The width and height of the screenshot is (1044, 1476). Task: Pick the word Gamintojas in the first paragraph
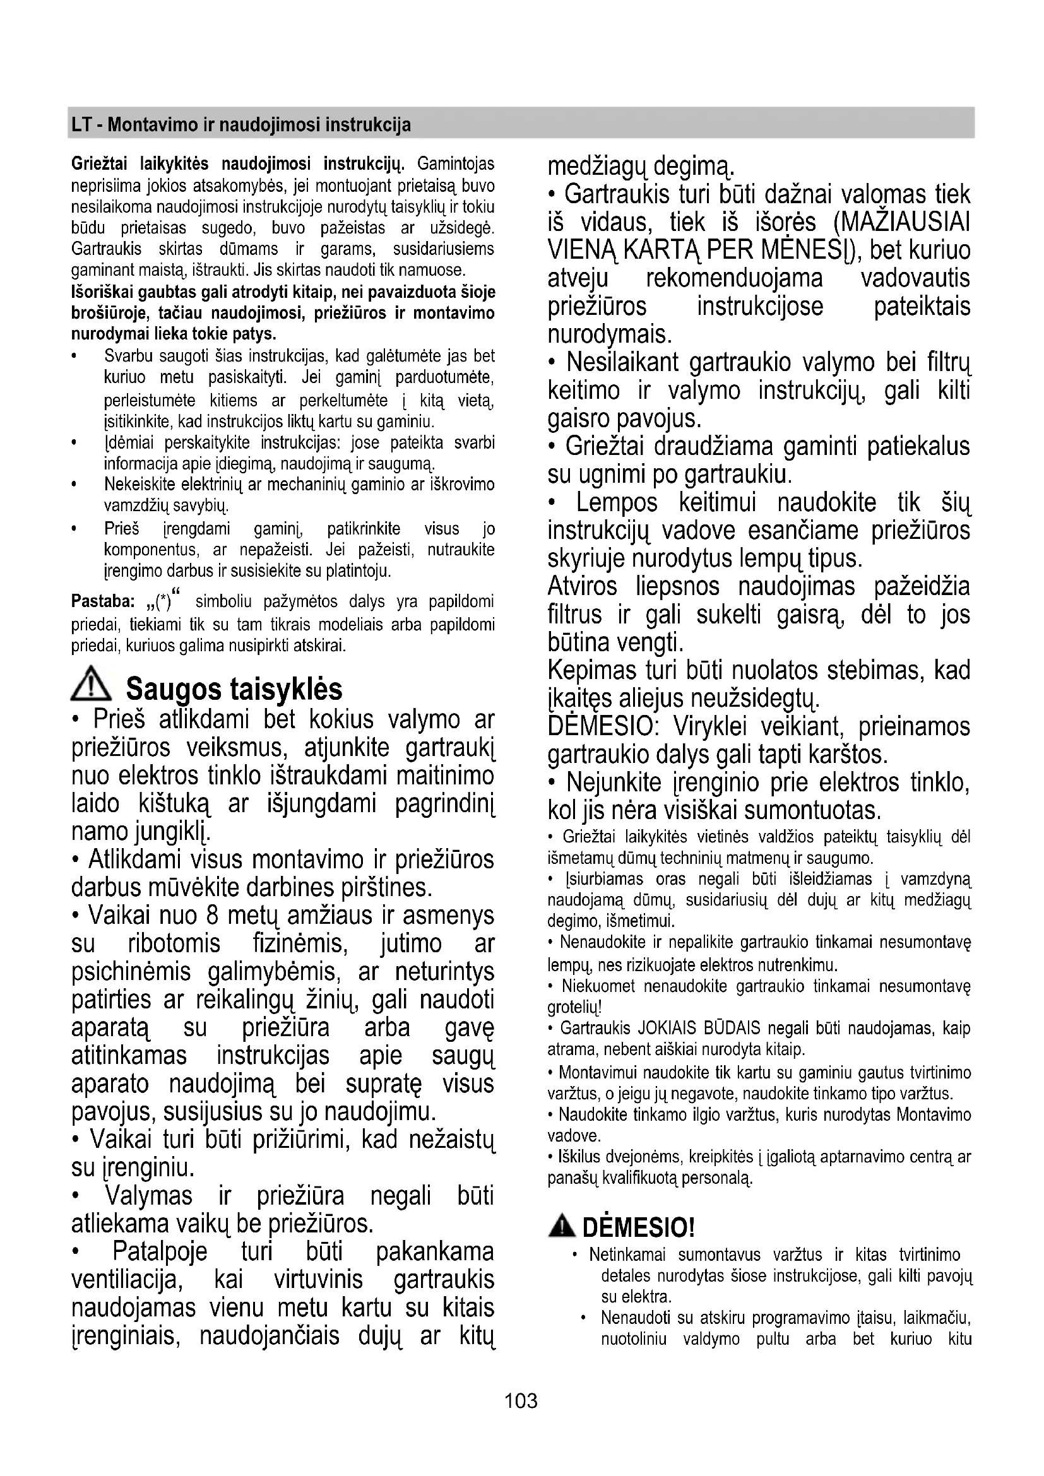click(456, 165)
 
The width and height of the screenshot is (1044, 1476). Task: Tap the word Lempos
click(616, 502)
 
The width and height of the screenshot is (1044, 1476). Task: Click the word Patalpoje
click(160, 1251)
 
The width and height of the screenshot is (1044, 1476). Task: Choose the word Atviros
click(582, 586)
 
